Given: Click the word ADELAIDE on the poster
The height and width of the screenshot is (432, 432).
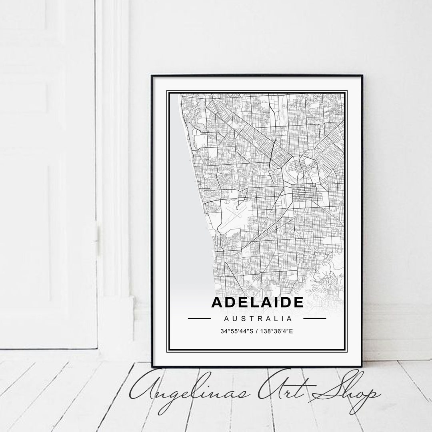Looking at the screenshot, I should tap(257, 303).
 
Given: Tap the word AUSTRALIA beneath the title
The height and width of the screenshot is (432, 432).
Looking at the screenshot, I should tap(257, 319).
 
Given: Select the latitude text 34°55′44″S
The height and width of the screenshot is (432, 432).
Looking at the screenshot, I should tap(236, 331).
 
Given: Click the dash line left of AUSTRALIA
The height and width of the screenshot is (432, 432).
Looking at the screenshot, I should tap(199, 319).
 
